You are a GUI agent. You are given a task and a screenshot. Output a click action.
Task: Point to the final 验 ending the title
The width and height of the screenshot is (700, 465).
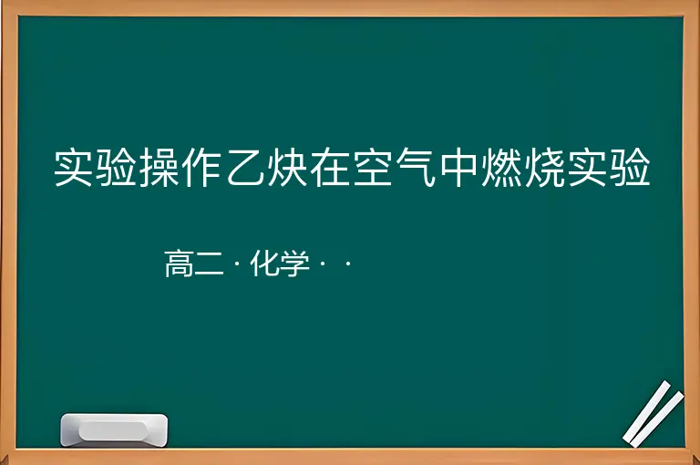pyautogui.click(x=630, y=168)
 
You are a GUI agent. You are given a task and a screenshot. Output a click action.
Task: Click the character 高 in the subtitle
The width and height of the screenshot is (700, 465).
pyautogui.click(x=179, y=263)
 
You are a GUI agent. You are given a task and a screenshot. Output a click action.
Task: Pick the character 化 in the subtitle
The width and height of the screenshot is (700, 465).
pyautogui.click(x=265, y=263)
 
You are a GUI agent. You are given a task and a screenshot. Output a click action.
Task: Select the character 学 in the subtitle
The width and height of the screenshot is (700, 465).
pyautogui.click(x=295, y=263)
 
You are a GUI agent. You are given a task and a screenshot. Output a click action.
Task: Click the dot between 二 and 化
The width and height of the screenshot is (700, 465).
pyautogui.click(x=237, y=263)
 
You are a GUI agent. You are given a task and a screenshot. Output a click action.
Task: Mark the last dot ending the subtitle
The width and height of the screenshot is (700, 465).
pyautogui.click(x=348, y=263)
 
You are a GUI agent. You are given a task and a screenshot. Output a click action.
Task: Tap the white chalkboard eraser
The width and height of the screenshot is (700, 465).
pyautogui.click(x=114, y=430)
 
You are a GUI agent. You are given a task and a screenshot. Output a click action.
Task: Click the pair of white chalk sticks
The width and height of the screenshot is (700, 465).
pyautogui.click(x=654, y=414)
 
